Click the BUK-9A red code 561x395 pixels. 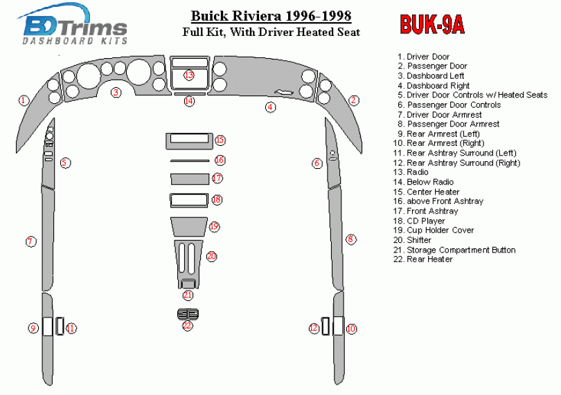(432, 25)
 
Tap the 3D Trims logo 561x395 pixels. (75, 27)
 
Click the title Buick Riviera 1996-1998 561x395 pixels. (271, 16)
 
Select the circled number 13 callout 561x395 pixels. (189, 75)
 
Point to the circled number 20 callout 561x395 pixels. (212, 256)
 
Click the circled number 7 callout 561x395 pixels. (30, 241)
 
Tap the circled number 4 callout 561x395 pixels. (271, 107)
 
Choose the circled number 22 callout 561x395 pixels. (187, 325)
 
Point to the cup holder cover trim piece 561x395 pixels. (188, 227)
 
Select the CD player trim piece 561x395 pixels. (188, 201)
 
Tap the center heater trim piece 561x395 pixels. (188, 141)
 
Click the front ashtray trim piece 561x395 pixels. (188, 179)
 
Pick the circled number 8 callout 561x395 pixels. (351, 239)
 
